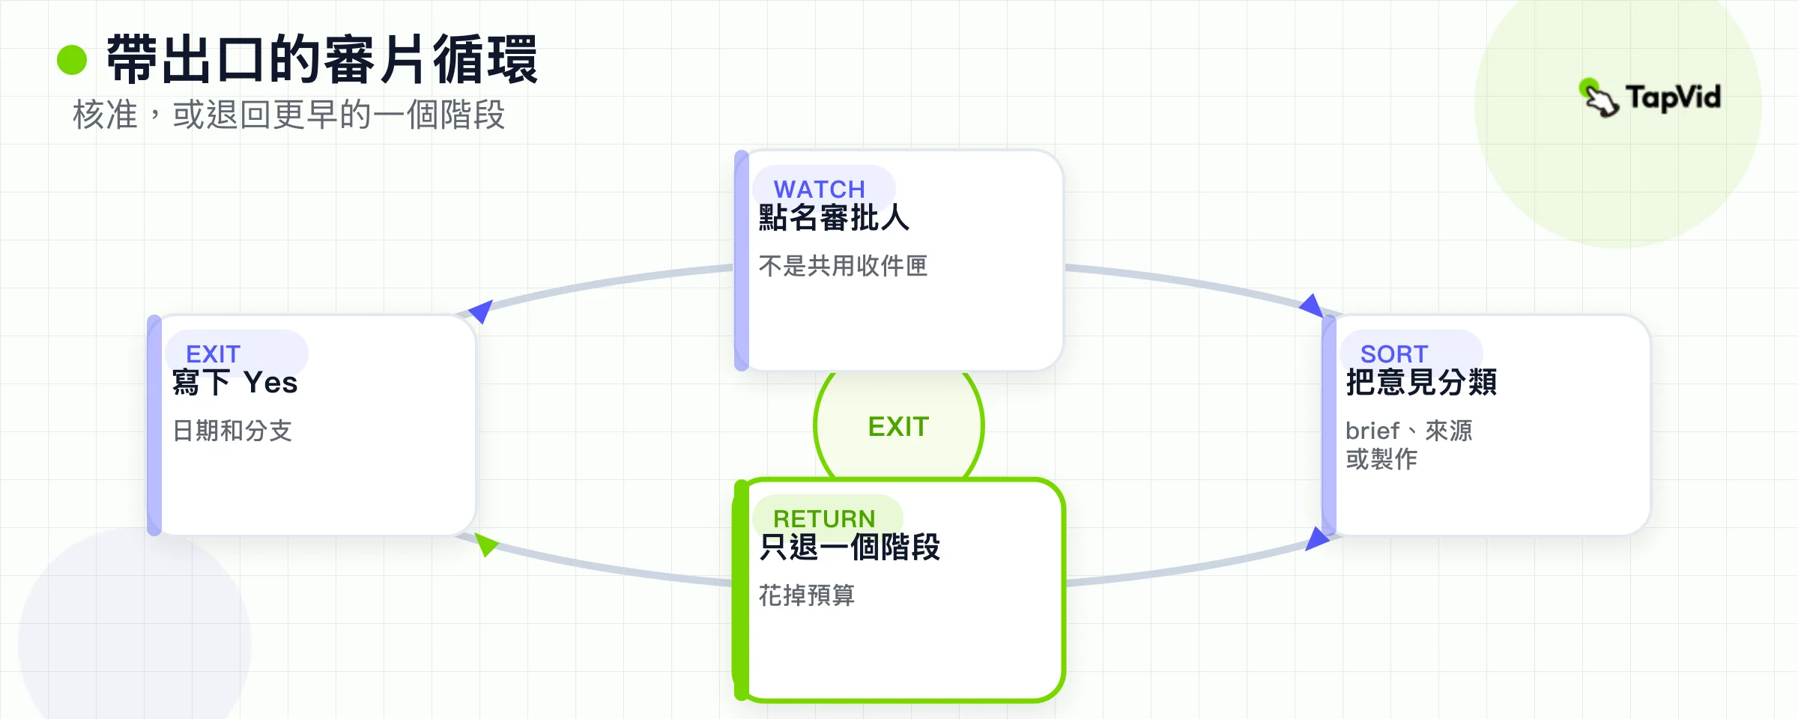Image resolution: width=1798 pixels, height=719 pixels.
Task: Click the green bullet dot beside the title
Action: (72, 60)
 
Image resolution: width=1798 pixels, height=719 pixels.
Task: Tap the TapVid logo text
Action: (1673, 97)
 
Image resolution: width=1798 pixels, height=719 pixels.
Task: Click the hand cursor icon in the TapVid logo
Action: (1599, 97)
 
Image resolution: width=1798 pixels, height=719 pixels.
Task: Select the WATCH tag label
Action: (819, 189)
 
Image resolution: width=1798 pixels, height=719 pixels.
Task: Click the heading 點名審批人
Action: (834, 218)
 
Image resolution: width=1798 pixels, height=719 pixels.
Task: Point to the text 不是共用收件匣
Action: (843, 266)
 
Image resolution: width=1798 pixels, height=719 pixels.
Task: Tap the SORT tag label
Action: (1394, 354)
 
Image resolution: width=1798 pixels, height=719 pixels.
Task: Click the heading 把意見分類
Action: (1421, 382)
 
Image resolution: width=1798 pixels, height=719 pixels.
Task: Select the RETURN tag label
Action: (824, 518)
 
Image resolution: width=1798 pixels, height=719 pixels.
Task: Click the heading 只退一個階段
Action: (850, 547)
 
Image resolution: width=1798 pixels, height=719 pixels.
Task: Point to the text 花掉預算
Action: (807, 595)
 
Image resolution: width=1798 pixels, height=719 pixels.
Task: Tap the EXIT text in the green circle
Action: (898, 427)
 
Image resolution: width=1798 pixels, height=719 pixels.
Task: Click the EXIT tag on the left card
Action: (213, 354)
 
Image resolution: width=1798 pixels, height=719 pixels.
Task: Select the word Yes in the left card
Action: (270, 383)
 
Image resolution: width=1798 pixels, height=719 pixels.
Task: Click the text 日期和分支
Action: (232, 431)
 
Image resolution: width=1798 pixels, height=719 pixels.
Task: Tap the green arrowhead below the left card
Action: (485, 544)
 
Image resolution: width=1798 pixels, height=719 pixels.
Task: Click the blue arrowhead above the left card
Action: (481, 310)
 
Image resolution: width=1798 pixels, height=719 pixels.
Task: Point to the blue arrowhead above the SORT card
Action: (1312, 306)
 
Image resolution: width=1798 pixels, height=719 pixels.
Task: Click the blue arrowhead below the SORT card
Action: (1316, 539)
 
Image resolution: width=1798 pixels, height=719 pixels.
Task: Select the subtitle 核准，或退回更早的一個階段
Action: (288, 115)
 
